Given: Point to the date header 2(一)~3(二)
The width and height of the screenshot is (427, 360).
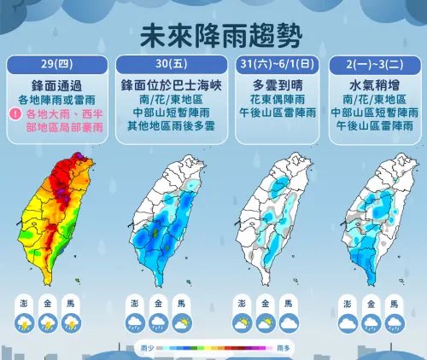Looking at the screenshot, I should (x=371, y=66).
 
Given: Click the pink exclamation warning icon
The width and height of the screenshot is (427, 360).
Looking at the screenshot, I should (x=15, y=113).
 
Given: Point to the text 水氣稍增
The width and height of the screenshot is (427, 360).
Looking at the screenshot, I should (x=371, y=86).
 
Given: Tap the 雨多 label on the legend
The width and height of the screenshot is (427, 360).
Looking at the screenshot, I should (x=284, y=348).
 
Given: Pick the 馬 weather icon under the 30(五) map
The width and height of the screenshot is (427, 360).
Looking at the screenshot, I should (x=180, y=323).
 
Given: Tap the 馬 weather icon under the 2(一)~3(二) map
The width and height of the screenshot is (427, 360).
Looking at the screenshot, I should (x=393, y=323).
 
